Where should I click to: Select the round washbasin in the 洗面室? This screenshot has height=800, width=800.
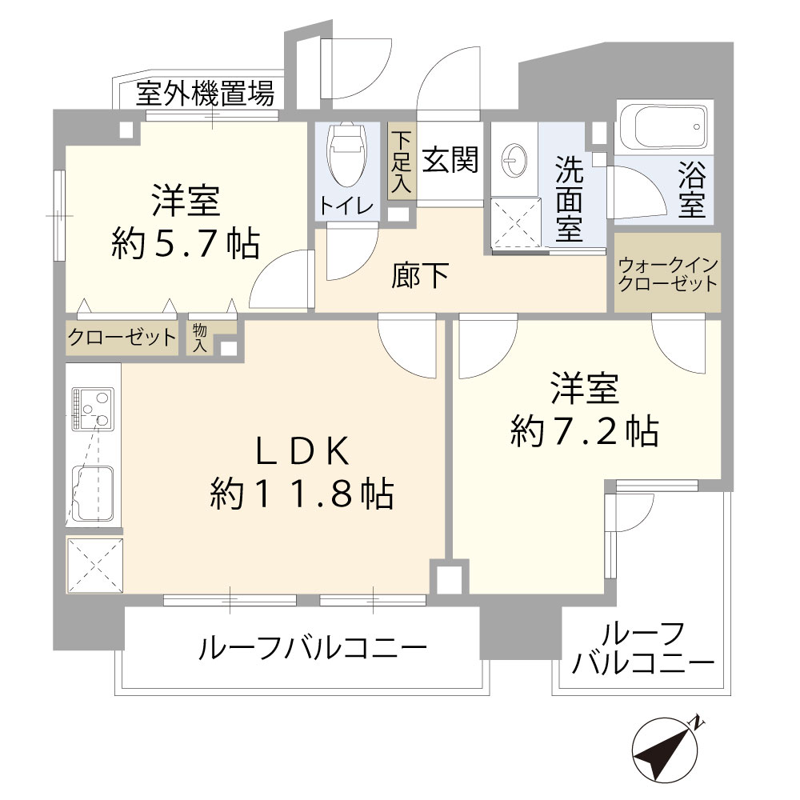[x=514, y=160]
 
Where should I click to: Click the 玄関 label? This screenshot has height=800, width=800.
[x=450, y=159]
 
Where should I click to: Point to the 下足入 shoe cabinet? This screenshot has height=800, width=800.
[x=401, y=162]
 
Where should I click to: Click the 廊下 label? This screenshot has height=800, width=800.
[x=419, y=275]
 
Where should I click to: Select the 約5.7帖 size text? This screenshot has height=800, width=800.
[x=186, y=243]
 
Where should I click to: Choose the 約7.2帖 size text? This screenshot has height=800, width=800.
[x=585, y=431]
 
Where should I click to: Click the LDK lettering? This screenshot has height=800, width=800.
[x=302, y=451]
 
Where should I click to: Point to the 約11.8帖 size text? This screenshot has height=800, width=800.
[x=302, y=494]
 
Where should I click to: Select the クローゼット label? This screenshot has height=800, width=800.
[x=122, y=338]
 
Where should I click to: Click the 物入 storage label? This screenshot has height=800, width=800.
[x=200, y=338]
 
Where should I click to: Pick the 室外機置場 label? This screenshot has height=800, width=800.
[x=205, y=94]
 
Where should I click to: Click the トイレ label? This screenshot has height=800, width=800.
[x=347, y=206]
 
